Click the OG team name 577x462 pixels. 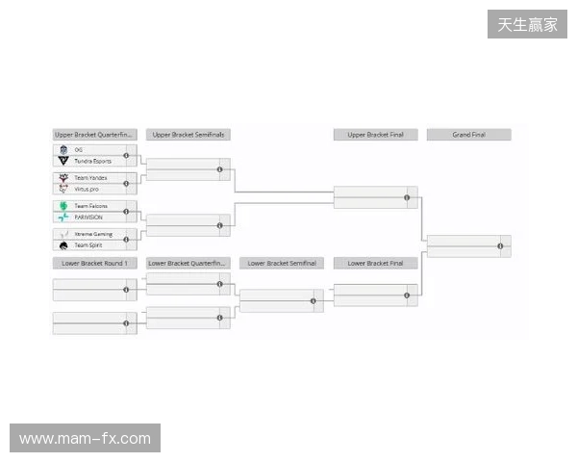78,150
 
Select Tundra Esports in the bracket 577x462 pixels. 93,161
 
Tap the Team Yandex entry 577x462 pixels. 89,179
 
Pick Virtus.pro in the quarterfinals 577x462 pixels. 88,190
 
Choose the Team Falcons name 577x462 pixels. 91,207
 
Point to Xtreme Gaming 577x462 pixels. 92,235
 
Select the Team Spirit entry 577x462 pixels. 88,245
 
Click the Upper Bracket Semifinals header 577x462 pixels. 188,135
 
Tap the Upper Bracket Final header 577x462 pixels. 375,135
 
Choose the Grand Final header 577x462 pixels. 468,135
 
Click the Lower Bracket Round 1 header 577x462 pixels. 93,263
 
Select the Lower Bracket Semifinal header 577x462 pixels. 282,263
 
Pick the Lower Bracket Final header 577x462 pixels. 375,263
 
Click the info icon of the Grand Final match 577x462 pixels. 501,246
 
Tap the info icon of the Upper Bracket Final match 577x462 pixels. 407,198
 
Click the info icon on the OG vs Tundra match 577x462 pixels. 126,156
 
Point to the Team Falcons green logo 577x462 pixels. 63,207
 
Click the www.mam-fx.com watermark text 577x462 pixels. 85,439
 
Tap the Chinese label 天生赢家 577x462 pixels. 527,24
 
